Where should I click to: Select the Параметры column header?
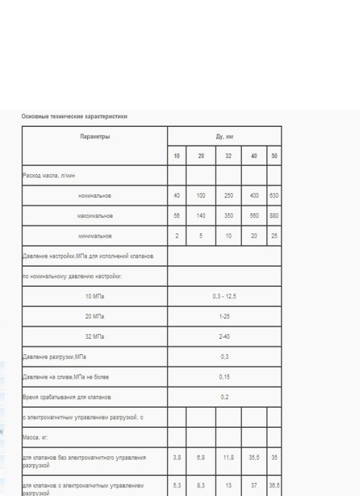pos(94,136)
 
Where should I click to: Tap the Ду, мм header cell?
pos(224,136)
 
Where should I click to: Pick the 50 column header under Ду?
pos(274,157)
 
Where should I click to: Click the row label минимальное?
pos(94,237)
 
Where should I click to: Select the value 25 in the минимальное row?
pos(274,237)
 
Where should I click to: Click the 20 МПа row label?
pos(94,316)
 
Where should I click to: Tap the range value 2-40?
pos(224,335)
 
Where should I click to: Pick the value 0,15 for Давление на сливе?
pos(224,376)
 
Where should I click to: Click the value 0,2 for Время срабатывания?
pos(224,396)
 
